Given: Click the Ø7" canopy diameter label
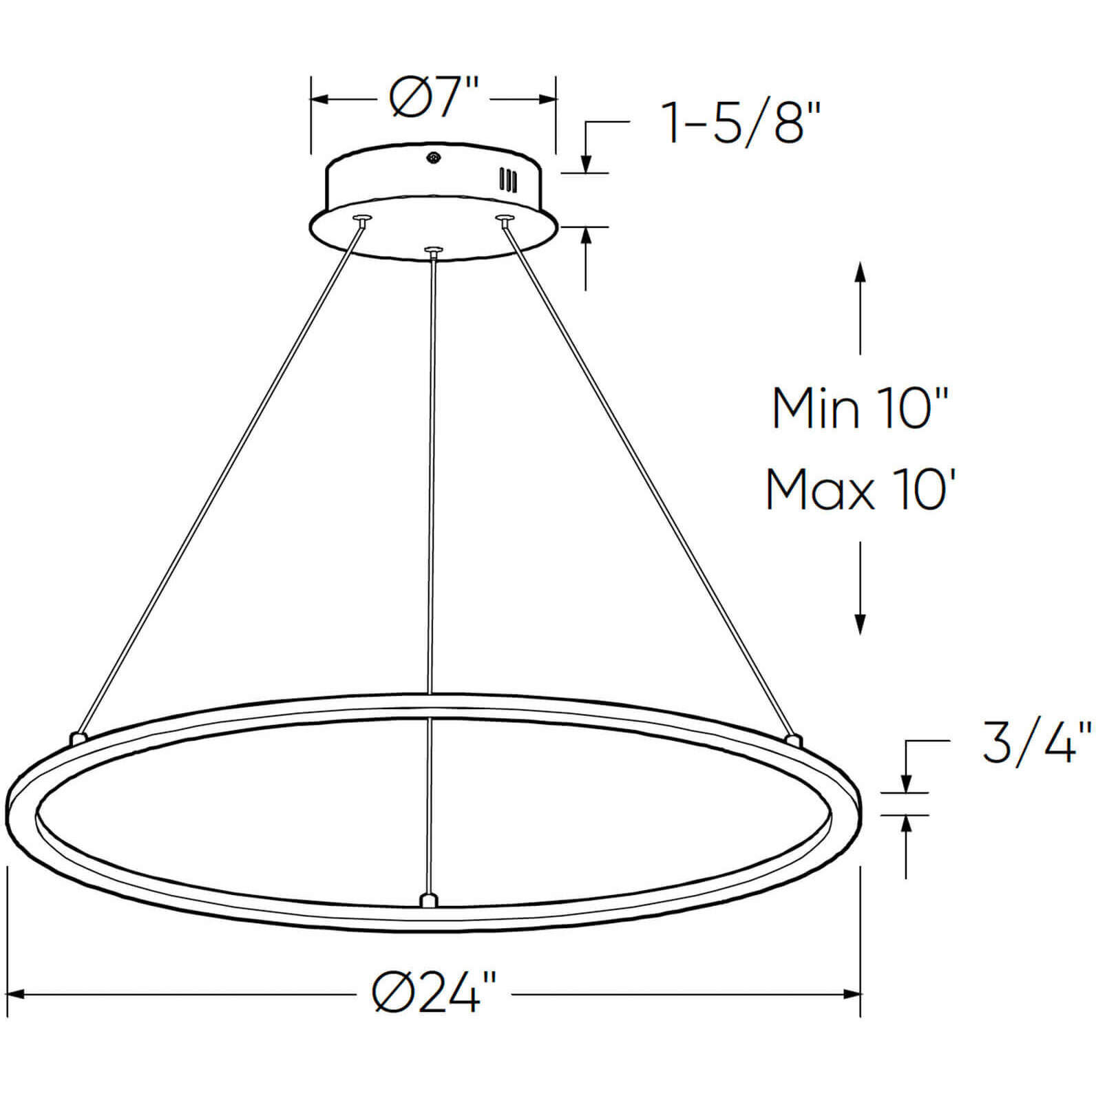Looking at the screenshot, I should click(433, 100).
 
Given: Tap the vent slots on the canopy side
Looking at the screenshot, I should click(508, 180).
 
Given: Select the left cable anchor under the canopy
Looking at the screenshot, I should click(361, 220).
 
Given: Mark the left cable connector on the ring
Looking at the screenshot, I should click(78, 738).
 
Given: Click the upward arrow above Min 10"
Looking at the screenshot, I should click(859, 271).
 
